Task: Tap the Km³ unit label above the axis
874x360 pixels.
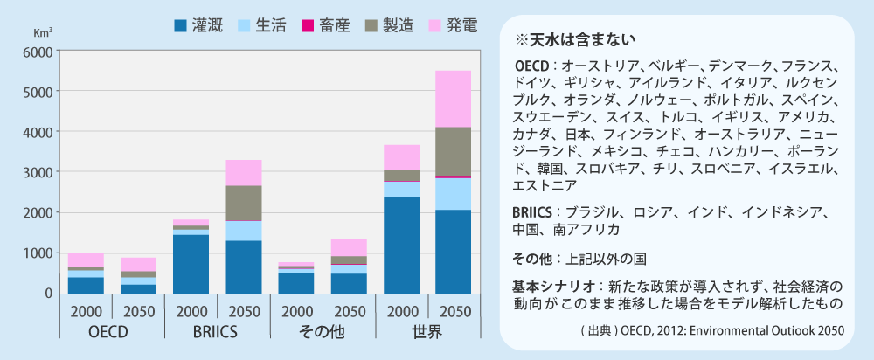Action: point(43,33)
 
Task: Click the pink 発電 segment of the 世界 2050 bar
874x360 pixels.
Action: point(454,99)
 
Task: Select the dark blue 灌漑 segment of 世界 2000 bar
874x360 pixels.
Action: point(401,245)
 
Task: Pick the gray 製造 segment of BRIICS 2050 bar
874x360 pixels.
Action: point(243,203)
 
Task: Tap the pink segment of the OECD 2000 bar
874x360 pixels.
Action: point(86,260)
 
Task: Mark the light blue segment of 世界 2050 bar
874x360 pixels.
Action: point(454,193)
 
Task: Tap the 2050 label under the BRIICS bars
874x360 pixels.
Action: point(243,310)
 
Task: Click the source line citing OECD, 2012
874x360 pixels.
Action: point(712,331)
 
